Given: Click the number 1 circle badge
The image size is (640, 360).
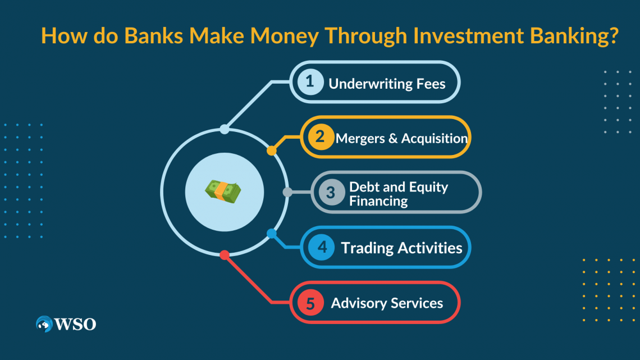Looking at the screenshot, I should [x=310, y=83].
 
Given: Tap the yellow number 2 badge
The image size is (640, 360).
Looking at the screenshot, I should [x=321, y=137].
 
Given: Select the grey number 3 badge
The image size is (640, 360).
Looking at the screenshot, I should [x=331, y=192].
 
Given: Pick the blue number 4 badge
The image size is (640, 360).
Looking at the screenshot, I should [x=321, y=247].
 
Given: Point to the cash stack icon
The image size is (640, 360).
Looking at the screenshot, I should [x=224, y=192].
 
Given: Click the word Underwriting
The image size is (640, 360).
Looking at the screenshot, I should [x=367, y=84].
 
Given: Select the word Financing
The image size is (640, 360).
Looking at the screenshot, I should [x=378, y=200].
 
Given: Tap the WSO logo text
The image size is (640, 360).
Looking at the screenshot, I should [x=75, y=324].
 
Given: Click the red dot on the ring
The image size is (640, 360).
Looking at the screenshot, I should [x=225, y=255].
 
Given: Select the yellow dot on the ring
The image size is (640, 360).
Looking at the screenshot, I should [x=272, y=151].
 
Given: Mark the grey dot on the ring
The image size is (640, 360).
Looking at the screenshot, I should [x=287, y=192].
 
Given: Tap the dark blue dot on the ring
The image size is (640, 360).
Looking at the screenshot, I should [x=272, y=233].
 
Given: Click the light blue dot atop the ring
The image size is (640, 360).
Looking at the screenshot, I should [x=225, y=129].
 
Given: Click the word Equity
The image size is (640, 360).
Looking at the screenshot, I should [x=428, y=186].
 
